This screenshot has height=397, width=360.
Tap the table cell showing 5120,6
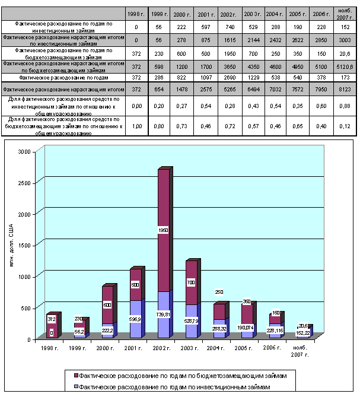coord(343,67)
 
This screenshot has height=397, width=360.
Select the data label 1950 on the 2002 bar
coord(164,230)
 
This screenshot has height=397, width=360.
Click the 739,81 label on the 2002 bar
coord(164,315)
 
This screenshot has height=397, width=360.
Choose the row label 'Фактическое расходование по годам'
coord(62,77)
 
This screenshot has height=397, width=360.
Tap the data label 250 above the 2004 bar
coord(219,292)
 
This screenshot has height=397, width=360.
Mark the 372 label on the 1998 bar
coord(52,319)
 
